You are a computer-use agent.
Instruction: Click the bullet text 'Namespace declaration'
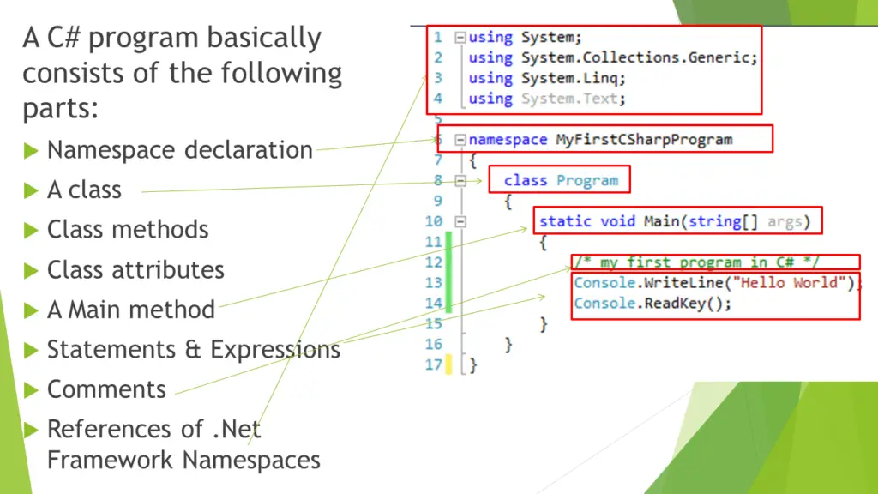(179, 150)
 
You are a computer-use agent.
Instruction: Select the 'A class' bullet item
(84, 190)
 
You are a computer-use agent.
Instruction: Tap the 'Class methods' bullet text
(127, 230)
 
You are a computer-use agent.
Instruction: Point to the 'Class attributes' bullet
(135, 270)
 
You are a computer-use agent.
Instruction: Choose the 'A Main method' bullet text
(130, 310)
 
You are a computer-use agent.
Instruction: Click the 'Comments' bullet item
(106, 389)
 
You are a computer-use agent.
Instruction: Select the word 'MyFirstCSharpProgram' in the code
(643, 139)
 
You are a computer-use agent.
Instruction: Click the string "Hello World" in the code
(802, 283)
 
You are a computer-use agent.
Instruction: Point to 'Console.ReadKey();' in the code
(652, 304)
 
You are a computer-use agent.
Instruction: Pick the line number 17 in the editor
(433, 365)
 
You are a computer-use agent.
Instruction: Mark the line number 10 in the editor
(433, 221)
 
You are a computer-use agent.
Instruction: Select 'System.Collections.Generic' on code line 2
(639, 57)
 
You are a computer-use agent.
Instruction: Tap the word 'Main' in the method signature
(662, 221)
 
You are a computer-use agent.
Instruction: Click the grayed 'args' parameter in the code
(785, 221)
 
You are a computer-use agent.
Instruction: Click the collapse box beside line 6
(460, 139)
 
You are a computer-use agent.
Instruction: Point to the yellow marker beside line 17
(448, 365)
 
